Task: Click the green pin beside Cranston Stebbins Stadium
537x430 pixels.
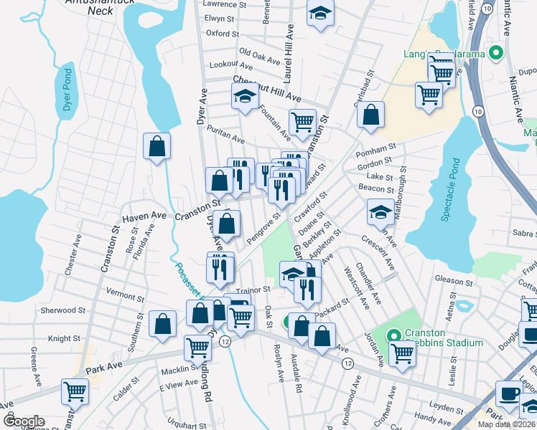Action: tap(393, 335)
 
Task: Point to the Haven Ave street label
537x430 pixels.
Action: tap(144, 216)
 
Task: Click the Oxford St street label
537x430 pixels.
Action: tap(222, 33)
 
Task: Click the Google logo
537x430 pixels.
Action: tap(24, 421)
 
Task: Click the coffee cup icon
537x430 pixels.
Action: tap(509, 393)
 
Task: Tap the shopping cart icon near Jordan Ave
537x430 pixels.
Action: tap(403, 352)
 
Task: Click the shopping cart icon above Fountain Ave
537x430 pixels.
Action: tap(302, 121)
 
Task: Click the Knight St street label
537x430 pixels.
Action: tap(64, 338)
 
